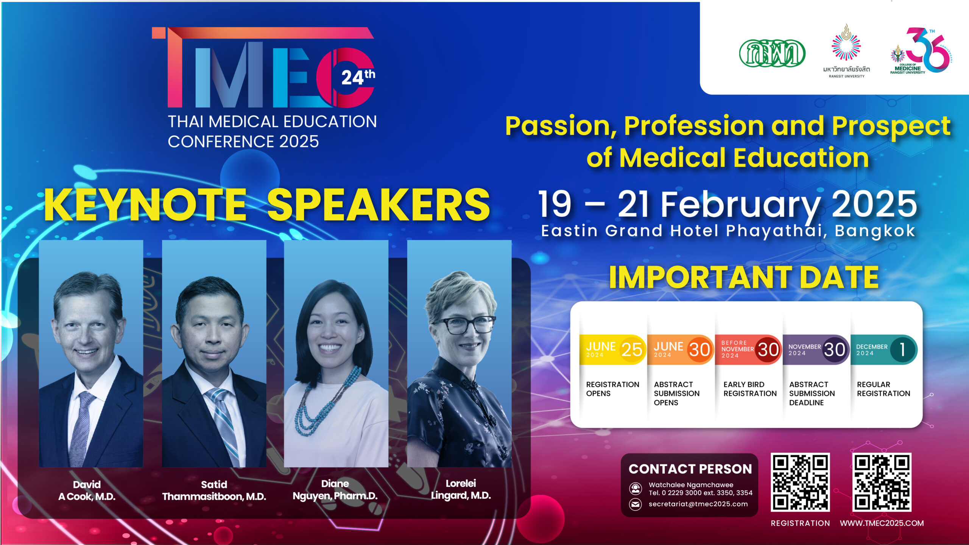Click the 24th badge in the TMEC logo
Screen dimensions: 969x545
pyautogui.click(x=358, y=77)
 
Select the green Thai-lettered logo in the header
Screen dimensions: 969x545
pyautogui.click(x=772, y=53)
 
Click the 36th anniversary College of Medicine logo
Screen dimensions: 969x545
pyautogui.click(x=921, y=51)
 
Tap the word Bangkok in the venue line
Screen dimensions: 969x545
pyautogui.click(x=875, y=230)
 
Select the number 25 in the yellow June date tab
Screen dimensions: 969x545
pyautogui.click(x=632, y=349)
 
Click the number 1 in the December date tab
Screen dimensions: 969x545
pyautogui.click(x=902, y=350)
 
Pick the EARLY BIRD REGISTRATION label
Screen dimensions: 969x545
pyautogui.click(x=750, y=389)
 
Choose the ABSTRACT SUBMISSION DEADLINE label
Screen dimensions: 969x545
pyautogui.click(x=812, y=394)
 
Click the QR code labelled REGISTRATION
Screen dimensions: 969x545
pyautogui.click(x=800, y=482)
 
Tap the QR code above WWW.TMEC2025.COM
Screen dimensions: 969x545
pyautogui.click(x=882, y=482)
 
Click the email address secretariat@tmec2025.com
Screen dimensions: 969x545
pyautogui.click(x=698, y=504)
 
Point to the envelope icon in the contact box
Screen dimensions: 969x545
pyautogui.click(x=636, y=504)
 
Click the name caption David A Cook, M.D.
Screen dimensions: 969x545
pyautogui.click(x=87, y=490)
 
